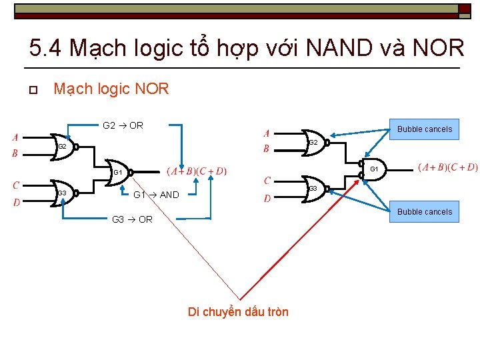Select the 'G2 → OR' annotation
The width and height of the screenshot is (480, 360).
pos(123,125)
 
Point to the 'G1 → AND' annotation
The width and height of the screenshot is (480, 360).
pos(156,195)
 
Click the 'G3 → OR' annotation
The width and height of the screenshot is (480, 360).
pos(132,219)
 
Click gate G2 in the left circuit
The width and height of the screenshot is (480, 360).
pos(65,146)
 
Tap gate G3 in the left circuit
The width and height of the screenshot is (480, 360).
pos(65,193)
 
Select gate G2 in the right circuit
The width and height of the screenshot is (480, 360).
pos(315,142)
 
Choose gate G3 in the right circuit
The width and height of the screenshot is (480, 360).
pos(313,189)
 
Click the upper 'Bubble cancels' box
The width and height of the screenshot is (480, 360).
pos(425,129)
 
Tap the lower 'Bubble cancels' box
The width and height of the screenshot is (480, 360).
pos(425,212)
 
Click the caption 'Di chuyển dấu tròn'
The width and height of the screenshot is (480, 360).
pos(238,312)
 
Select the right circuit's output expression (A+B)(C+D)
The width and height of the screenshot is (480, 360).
pos(447,167)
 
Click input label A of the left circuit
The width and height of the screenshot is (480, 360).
pos(15,138)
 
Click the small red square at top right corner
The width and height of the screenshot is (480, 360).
pos(464,9)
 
